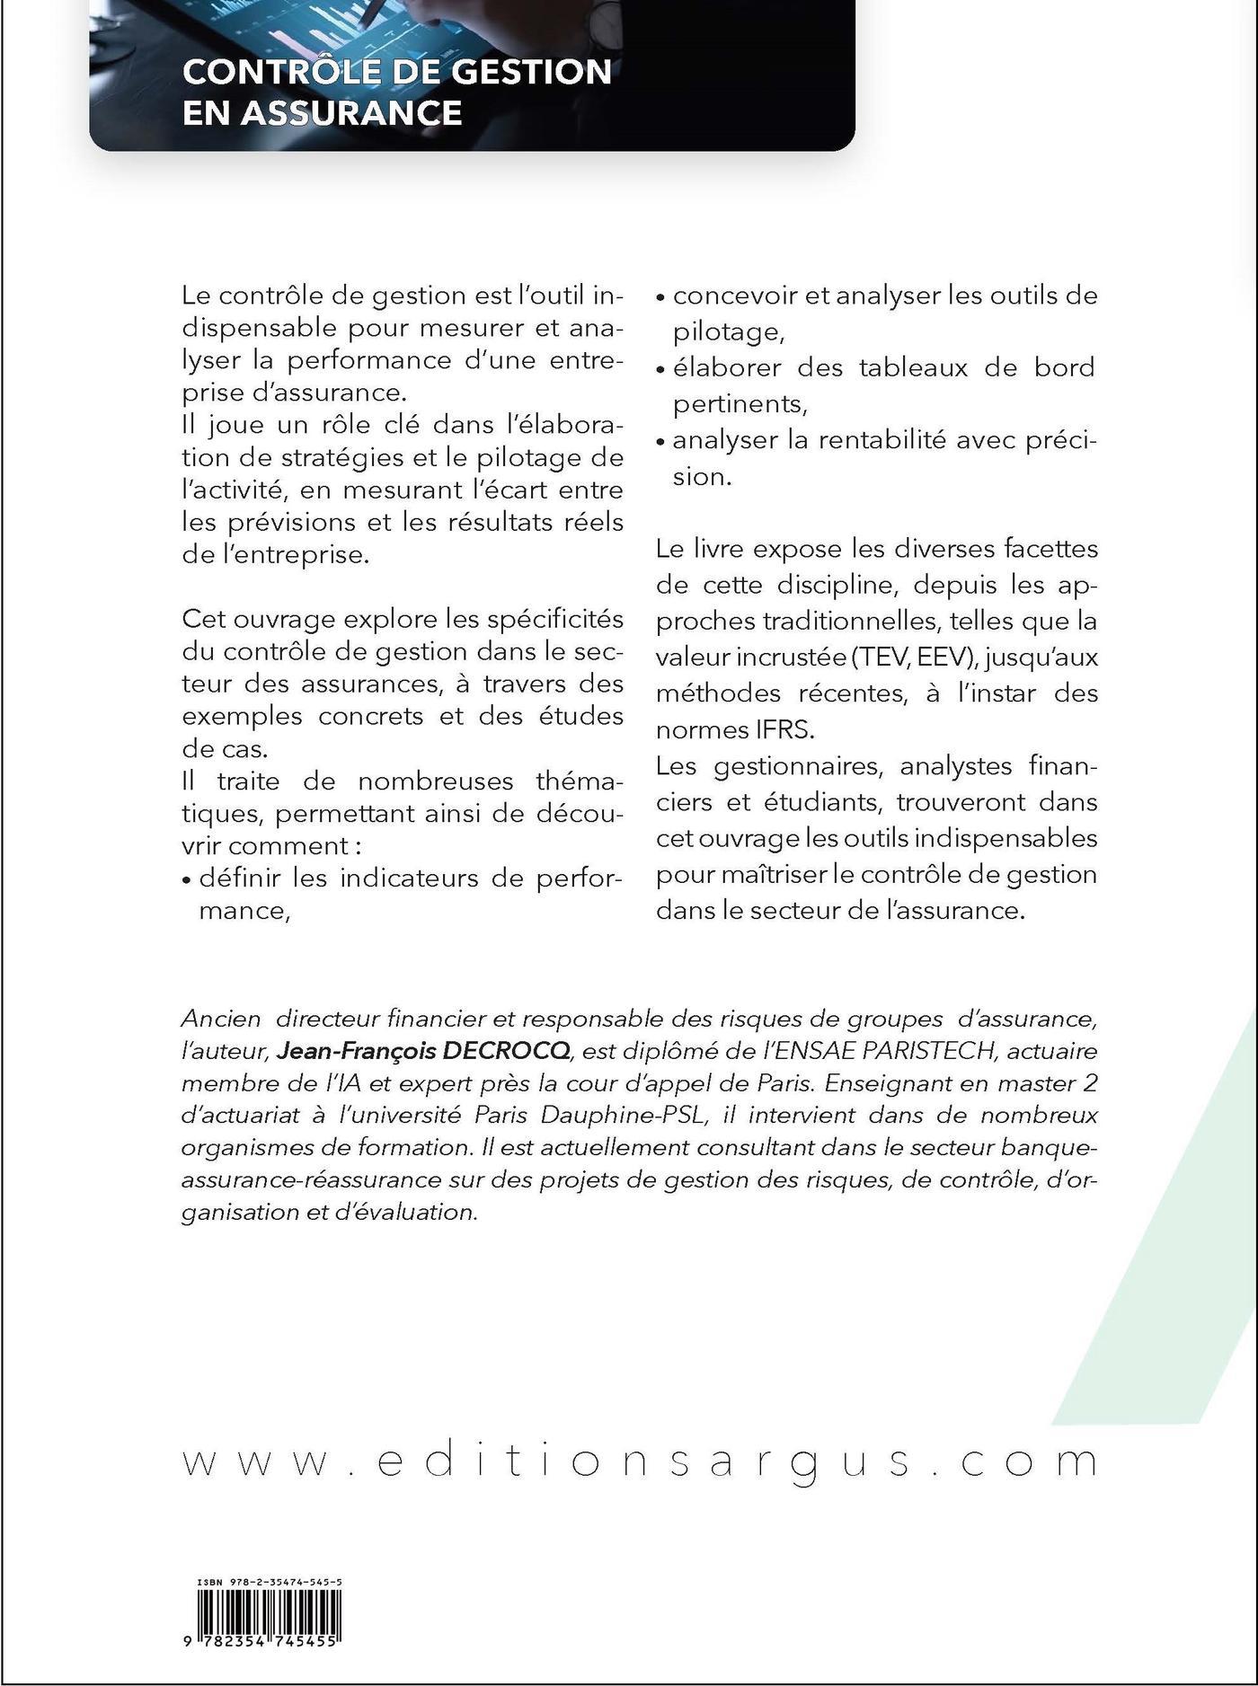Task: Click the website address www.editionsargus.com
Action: [x=640, y=1462]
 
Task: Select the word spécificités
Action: [x=546, y=619]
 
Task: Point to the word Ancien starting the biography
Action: [x=221, y=1019]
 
